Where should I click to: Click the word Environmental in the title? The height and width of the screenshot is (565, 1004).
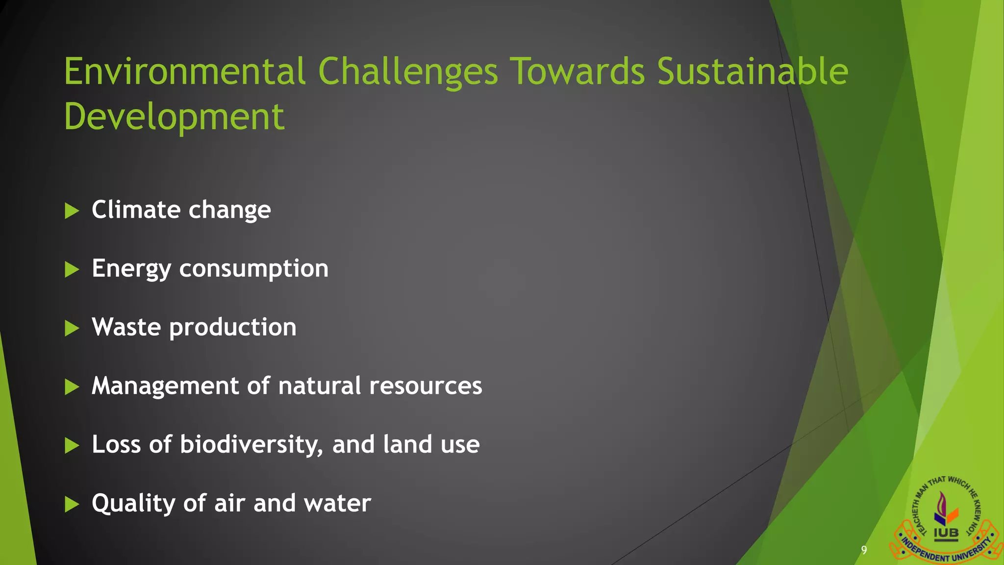click(185, 72)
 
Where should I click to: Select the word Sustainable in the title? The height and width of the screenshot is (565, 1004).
click(752, 72)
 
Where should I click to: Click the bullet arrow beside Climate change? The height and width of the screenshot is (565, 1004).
click(72, 211)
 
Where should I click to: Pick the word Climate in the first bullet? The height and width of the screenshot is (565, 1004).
click(136, 209)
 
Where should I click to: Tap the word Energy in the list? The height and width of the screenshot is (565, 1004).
click(131, 269)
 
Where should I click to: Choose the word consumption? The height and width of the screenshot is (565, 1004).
click(253, 269)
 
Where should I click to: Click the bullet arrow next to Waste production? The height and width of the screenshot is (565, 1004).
click(72, 328)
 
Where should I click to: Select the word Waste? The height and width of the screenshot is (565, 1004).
click(126, 327)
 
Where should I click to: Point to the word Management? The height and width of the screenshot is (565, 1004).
click(165, 386)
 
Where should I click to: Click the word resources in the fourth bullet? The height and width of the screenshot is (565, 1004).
click(426, 386)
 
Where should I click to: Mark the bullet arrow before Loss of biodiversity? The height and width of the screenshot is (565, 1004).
click(72, 446)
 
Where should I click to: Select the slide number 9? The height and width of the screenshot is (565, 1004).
click(864, 550)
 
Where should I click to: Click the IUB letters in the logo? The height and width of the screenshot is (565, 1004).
click(946, 533)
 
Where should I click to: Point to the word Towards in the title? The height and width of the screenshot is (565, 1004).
click(577, 72)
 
